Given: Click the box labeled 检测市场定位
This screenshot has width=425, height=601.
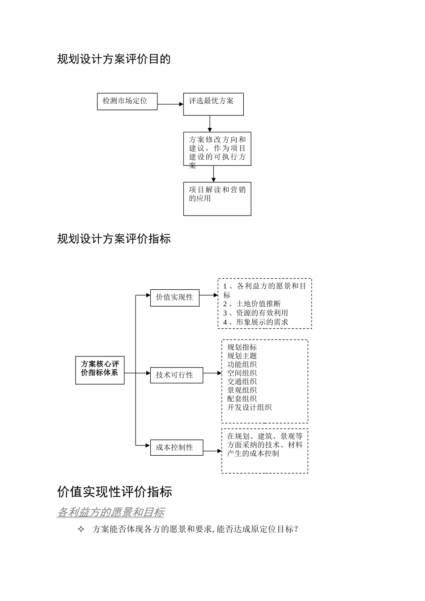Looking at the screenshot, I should point(127,102).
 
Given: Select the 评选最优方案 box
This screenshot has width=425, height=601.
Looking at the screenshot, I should point(213,104).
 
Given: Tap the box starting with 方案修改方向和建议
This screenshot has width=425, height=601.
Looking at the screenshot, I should point(217,149).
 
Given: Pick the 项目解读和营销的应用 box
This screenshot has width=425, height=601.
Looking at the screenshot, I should point(217,199).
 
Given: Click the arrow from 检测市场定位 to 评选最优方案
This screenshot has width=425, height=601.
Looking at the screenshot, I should point(170,104).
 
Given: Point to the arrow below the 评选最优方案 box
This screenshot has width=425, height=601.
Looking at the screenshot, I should point(210,123).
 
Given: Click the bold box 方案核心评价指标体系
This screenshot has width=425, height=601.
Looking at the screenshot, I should point(100,370).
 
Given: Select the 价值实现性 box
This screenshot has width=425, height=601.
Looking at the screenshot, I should point(174,297).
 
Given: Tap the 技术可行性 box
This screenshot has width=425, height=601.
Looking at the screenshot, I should point(176,375).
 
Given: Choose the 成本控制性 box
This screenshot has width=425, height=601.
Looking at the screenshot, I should point(176,447).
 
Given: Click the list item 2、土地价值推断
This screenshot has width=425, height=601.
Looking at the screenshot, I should point(252,304).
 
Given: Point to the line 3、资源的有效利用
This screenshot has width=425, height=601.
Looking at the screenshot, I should point(255,313).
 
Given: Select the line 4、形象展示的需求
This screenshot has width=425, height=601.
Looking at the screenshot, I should point(255,322).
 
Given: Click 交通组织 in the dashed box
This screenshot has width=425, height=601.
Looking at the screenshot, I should point(242,381).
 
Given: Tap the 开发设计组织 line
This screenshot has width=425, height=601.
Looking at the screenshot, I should point(249,407).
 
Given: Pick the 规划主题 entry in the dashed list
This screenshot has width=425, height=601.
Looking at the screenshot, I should point(242,356).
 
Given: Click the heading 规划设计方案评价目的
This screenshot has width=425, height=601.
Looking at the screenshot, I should point(114,59).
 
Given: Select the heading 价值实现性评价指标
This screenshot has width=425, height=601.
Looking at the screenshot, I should point(115,492).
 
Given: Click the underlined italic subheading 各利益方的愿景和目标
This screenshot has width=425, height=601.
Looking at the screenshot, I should point(110,512).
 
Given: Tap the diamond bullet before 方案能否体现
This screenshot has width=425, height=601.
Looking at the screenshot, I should point(81,529).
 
